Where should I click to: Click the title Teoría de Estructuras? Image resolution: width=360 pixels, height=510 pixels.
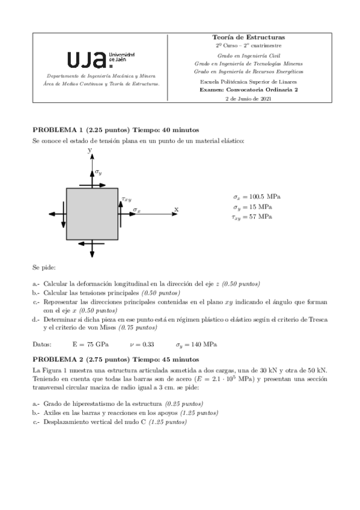248,37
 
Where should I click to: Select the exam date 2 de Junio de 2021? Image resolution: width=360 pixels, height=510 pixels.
248,98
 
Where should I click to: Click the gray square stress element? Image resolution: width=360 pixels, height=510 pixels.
91,214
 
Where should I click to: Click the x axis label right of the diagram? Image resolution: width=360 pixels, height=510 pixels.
176,209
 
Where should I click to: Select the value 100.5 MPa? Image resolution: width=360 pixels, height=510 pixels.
266,197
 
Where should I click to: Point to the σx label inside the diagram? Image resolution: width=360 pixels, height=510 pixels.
137,210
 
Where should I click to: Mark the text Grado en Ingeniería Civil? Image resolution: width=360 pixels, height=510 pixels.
248,54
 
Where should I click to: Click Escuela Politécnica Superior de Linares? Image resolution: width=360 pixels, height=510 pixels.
248,81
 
